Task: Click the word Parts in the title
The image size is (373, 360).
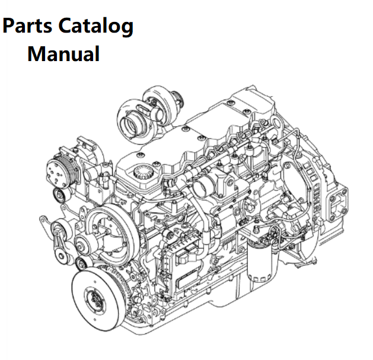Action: (27, 26)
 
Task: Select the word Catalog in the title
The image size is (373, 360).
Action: (95, 27)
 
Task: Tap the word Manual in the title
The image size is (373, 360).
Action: (63, 54)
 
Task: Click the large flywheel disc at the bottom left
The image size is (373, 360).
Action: (97, 299)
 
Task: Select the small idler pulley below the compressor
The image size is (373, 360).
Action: (59, 195)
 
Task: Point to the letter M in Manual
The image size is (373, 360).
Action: (36, 54)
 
